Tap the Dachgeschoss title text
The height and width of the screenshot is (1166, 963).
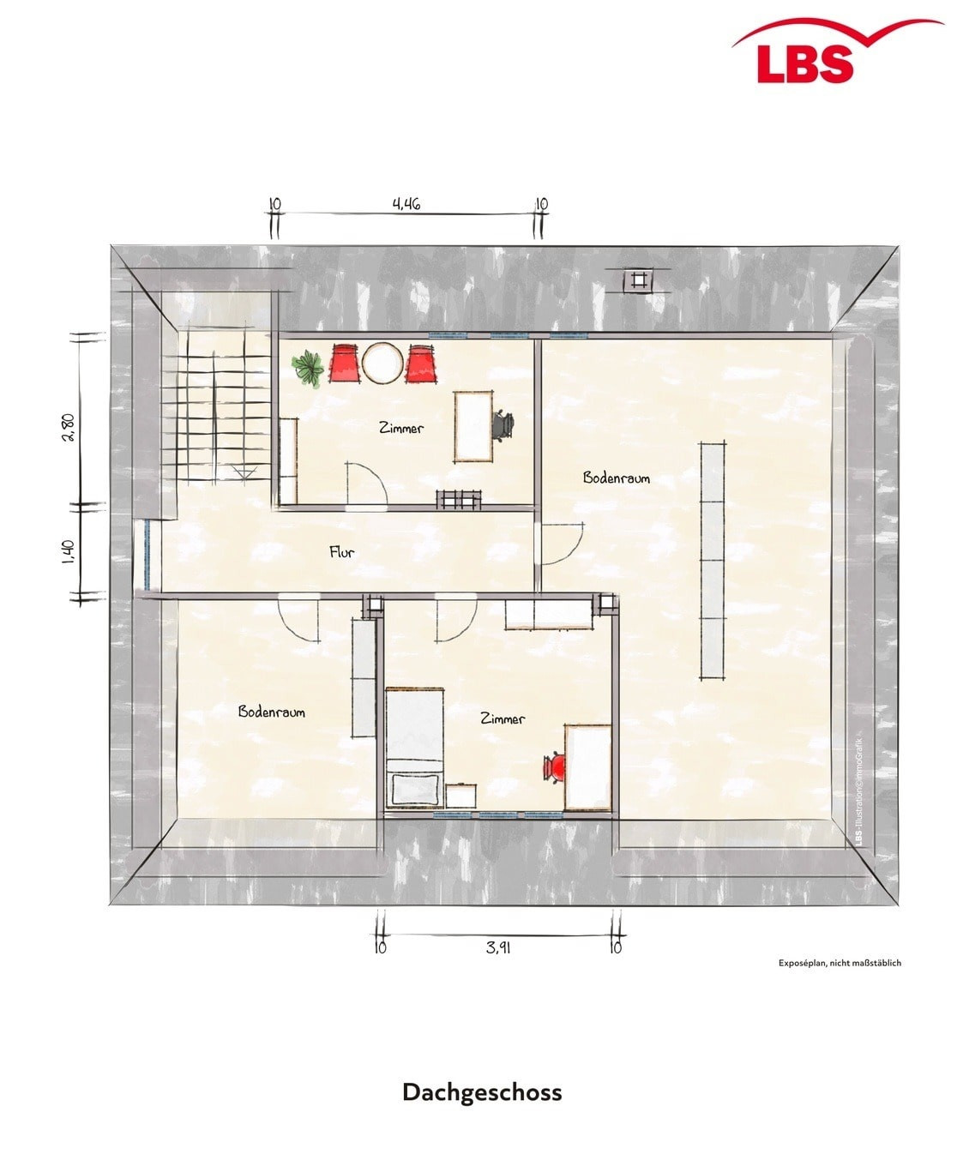click(482, 1092)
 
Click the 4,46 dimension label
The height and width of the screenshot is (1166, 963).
click(406, 204)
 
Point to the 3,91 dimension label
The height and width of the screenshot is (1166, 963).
click(497, 947)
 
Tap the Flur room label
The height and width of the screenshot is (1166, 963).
click(342, 552)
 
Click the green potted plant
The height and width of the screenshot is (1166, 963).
click(308, 367)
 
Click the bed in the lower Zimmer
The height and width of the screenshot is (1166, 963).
click(415, 748)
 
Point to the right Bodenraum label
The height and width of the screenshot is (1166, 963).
click(616, 478)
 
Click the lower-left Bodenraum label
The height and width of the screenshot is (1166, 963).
click(272, 712)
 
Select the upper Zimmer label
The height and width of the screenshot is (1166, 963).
click(401, 429)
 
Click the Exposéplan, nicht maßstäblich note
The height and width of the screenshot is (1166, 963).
click(840, 963)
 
